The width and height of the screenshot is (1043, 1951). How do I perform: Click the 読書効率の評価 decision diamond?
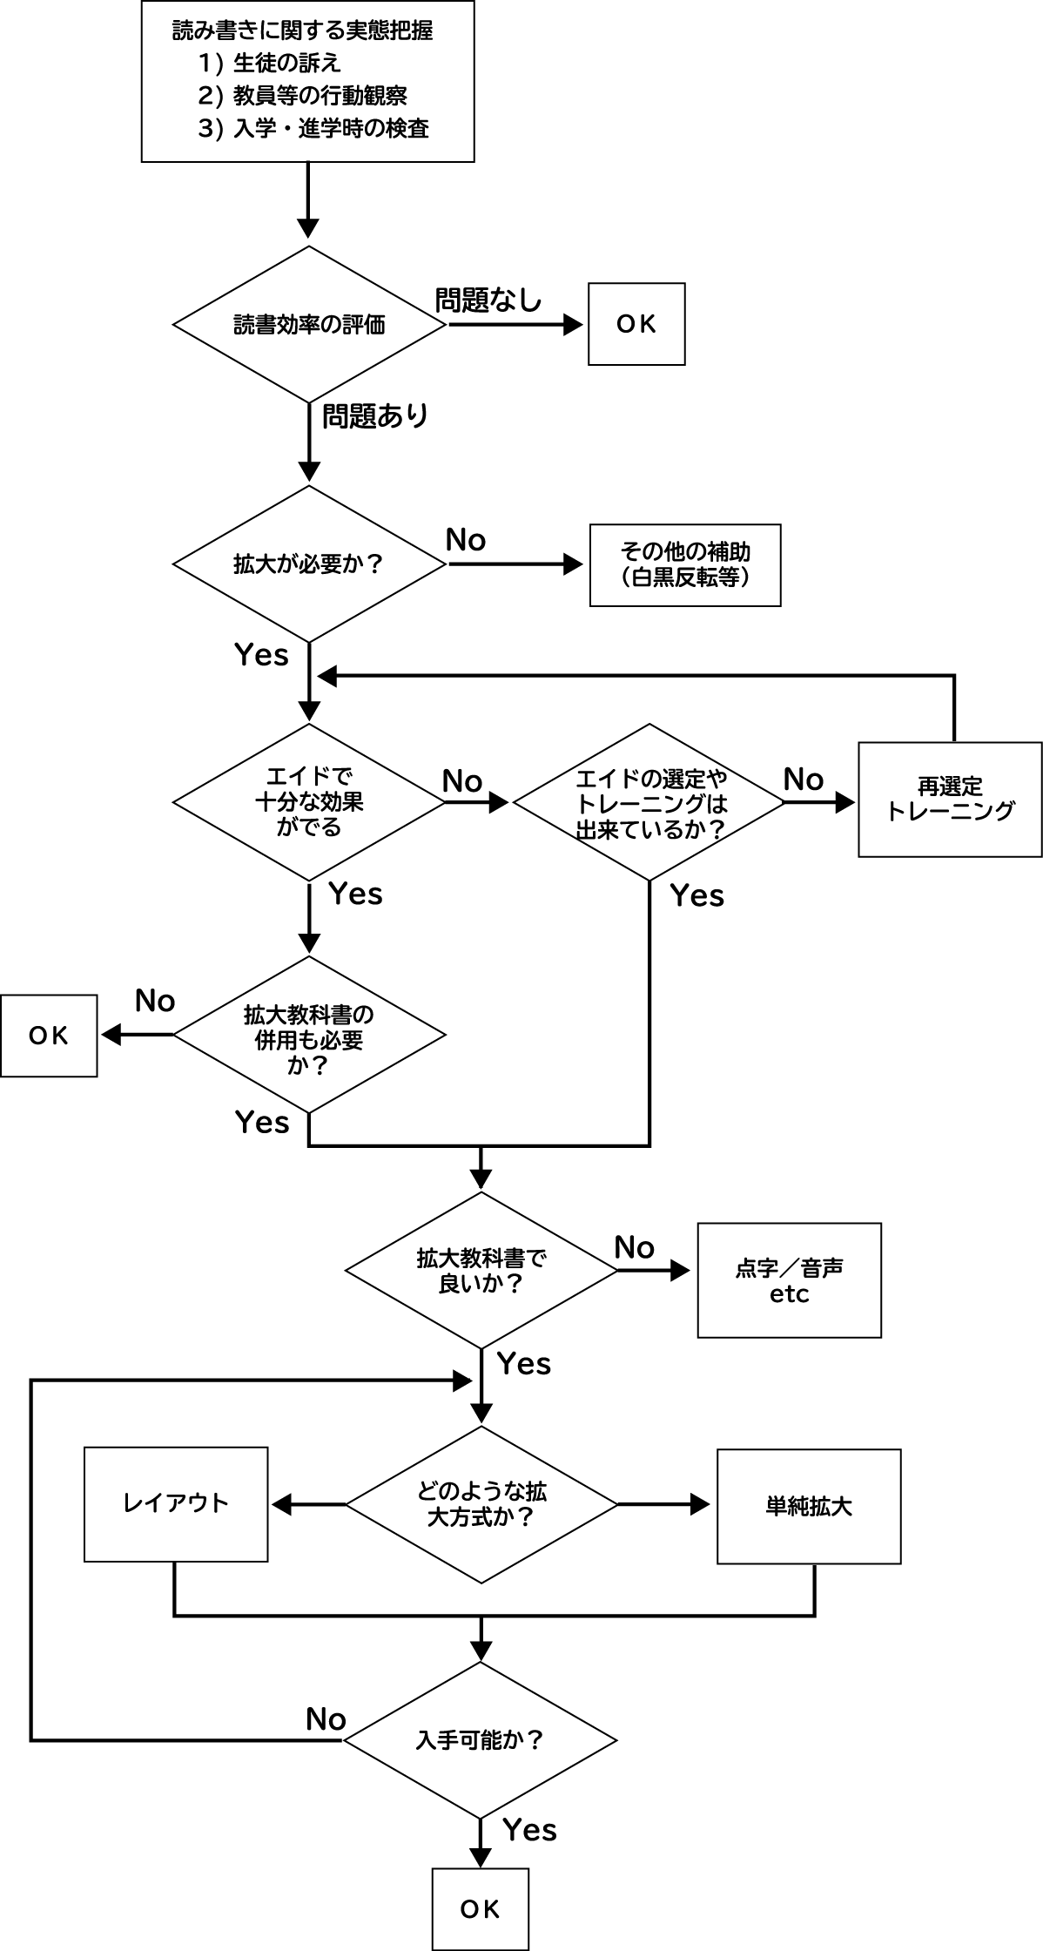(x=309, y=324)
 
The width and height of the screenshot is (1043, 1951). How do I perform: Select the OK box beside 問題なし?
(x=636, y=324)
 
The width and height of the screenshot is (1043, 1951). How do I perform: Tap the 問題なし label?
(x=488, y=300)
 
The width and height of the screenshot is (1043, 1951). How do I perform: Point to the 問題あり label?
(x=375, y=415)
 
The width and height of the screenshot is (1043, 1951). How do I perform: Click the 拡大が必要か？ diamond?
(x=309, y=564)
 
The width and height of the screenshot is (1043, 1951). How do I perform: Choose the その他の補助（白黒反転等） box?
(x=685, y=564)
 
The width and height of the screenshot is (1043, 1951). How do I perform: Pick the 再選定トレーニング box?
(x=950, y=799)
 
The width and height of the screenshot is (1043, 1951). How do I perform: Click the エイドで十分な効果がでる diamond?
(x=309, y=801)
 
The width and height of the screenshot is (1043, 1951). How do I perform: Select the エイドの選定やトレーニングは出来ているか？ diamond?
(x=649, y=802)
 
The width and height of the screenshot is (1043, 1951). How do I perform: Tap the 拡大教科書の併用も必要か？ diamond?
(x=309, y=1036)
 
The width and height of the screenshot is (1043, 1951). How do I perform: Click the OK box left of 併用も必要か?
(x=49, y=1036)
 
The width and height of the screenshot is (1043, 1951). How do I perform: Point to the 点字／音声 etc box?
(x=789, y=1279)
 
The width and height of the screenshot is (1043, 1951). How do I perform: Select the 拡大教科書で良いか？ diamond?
(x=481, y=1271)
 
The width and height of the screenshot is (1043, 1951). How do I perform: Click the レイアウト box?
(x=176, y=1503)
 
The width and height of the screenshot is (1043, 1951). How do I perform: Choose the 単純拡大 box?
(x=809, y=1506)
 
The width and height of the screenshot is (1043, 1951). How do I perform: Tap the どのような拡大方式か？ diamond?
(x=481, y=1504)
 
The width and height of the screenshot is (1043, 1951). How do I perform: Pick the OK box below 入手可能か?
(x=481, y=1909)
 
